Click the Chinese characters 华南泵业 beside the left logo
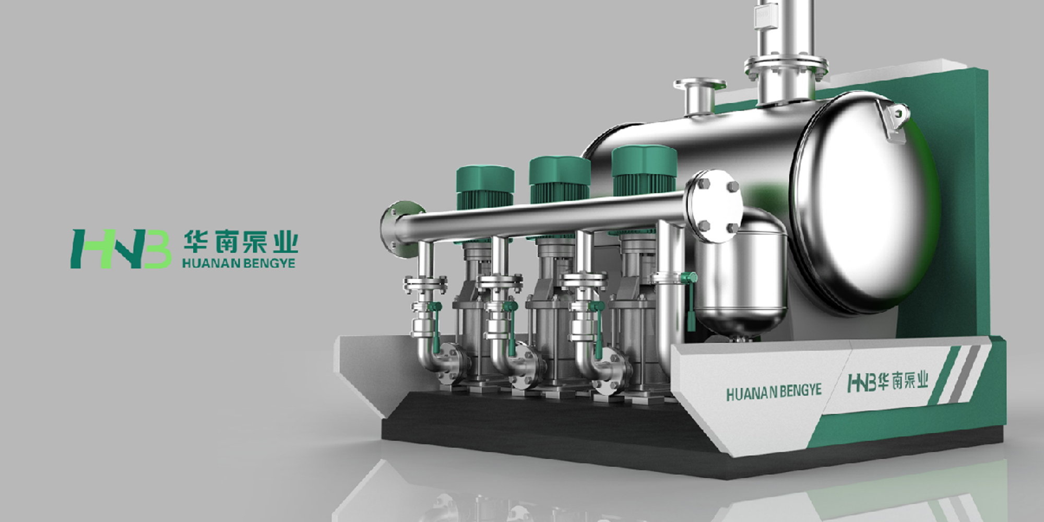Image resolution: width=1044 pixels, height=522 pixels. [x=241, y=242]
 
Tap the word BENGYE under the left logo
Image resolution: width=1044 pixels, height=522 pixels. [x=267, y=263]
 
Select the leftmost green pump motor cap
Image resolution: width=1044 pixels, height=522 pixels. [x=485, y=180]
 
